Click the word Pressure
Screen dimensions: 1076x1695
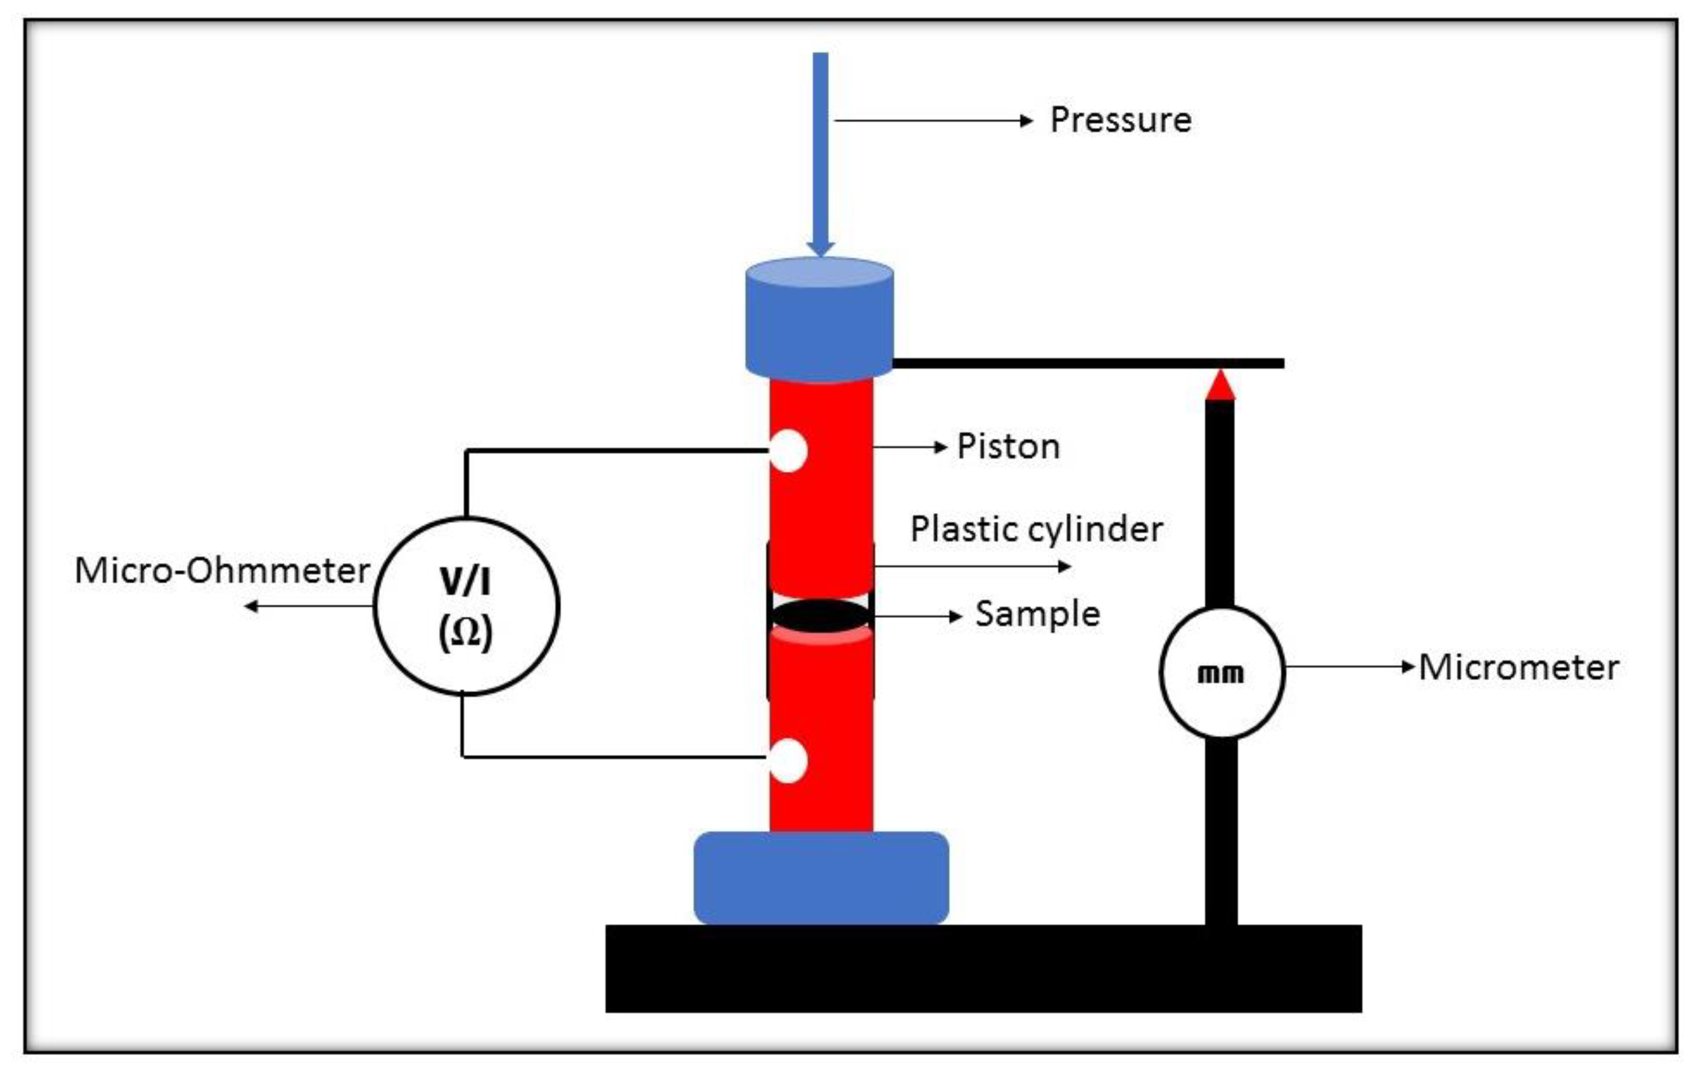(x=1120, y=120)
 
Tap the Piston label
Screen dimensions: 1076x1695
(x=1007, y=446)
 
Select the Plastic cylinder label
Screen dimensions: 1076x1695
(x=1035, y=528)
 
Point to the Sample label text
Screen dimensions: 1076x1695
(x=1037, y=614)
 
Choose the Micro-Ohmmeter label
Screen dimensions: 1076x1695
(x=222, y=570)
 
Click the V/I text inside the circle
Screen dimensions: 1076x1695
(x=465, y=582)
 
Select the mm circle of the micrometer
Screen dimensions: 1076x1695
(x=1222, y=673)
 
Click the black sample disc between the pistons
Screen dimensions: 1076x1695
(x=821, y=614)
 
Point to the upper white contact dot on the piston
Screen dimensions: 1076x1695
(x=788, y=450)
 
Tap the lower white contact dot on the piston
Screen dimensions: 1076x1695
(x=788, y=760)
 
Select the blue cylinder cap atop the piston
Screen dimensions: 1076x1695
(x=819, y=320)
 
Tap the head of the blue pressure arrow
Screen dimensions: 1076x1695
(x=821, y=248)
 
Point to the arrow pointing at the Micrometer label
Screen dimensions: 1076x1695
(x=1348, y=666)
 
